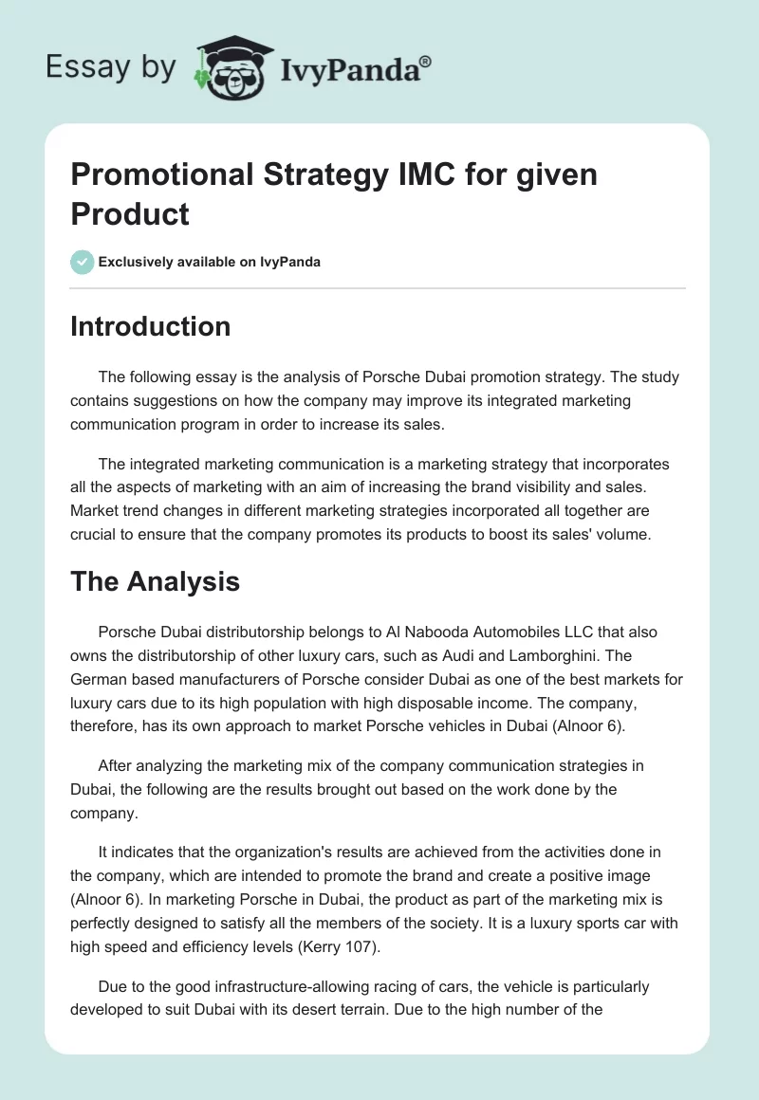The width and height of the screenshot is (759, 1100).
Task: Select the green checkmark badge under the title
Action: point(82,262)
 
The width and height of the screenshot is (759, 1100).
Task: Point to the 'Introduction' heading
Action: point(150,327)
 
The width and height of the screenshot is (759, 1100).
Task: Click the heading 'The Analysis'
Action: point(155,581)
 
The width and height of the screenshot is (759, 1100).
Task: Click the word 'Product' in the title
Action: point(130,213)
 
